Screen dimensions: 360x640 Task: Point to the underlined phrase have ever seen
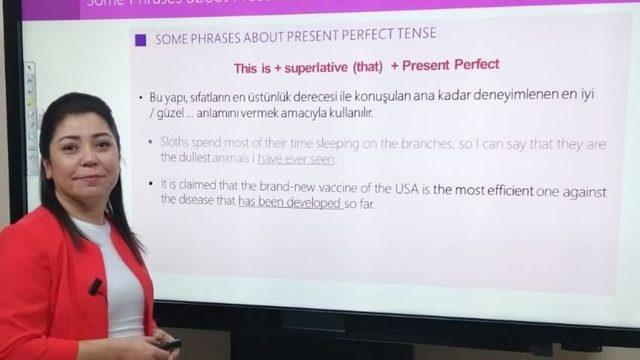[296, 158]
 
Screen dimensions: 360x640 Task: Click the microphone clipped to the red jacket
[95, 287]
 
